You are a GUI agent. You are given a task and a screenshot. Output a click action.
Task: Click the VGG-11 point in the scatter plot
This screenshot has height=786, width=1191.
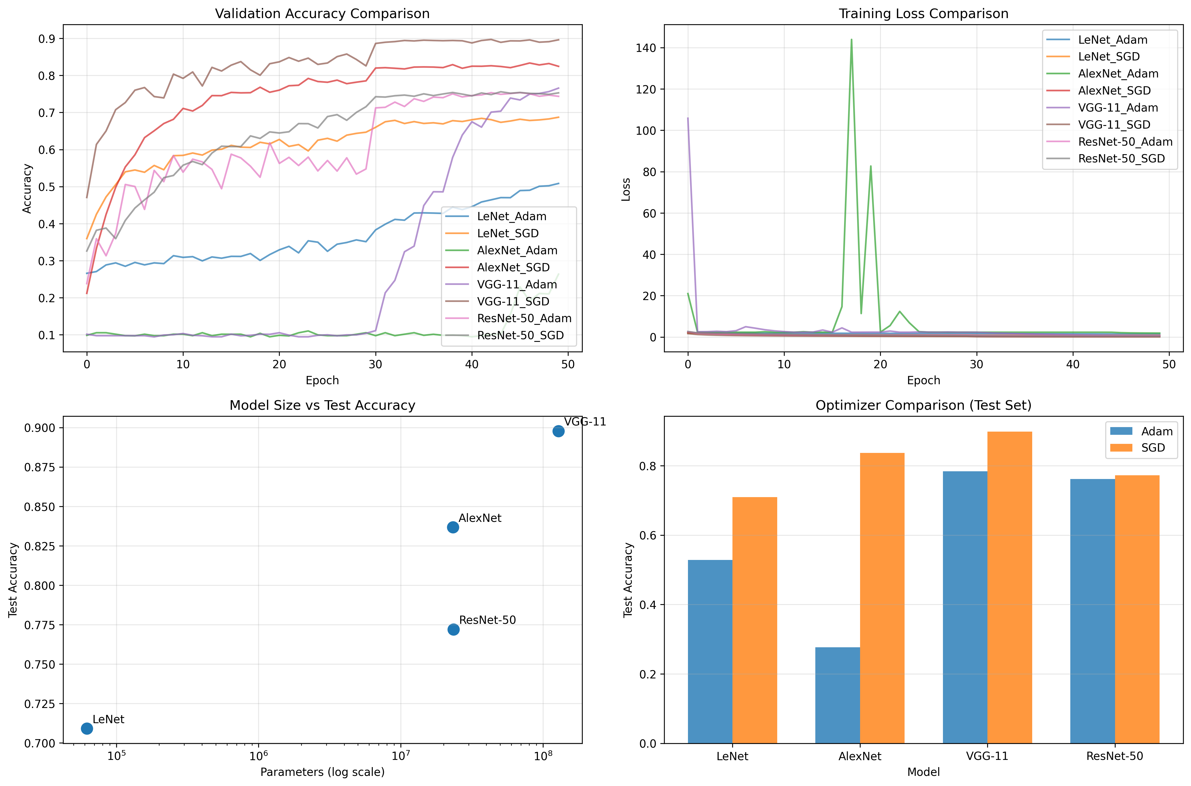[558, 431]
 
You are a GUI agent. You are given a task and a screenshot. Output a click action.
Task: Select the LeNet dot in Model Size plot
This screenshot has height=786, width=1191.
[87, 728]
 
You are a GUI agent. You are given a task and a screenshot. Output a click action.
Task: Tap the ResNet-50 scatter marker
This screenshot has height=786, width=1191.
[453, 630]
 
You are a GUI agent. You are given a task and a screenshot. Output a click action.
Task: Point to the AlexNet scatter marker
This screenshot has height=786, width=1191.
[453, 527]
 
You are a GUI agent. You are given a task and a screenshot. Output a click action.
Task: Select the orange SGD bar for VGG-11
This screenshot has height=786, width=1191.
[1010, 587]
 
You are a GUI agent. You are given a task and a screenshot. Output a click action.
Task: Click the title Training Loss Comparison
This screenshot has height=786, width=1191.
[923, 14]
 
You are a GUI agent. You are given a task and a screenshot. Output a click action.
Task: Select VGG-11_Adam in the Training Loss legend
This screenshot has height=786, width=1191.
[1118, 108]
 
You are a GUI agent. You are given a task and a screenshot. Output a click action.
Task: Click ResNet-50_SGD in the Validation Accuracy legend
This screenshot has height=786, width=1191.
[520, 335]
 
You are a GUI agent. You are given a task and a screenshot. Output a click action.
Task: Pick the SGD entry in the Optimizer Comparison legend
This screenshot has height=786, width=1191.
[1153, 448]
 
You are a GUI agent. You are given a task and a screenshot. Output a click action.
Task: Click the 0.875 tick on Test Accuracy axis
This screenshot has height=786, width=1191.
[40, 467]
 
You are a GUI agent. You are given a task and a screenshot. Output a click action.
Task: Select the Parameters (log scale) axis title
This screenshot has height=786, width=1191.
[322, 772]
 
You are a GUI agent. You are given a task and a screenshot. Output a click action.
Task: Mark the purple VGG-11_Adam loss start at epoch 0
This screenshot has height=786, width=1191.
[687, 118]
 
